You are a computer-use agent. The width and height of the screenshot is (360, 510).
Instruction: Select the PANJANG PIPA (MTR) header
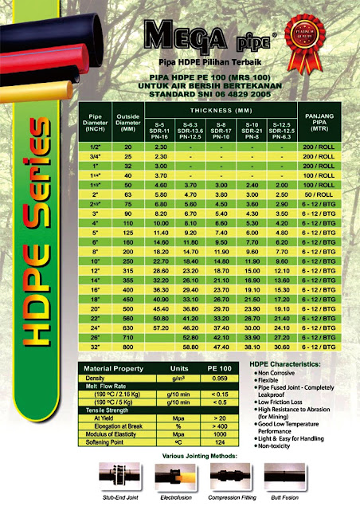319,119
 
